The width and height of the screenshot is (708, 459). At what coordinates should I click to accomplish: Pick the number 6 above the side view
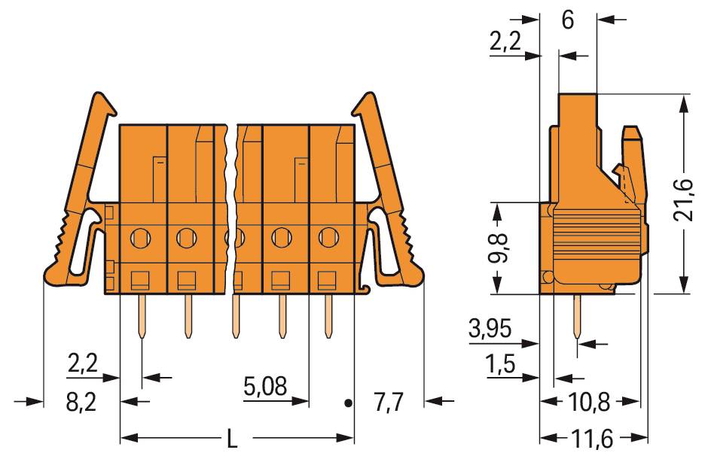[568, 20]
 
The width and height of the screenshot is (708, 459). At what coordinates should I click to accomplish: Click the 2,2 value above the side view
[506, 43]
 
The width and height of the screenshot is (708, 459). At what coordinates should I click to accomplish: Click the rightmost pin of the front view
[328, 316]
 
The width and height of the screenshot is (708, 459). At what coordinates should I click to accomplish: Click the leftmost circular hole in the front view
[139, 239]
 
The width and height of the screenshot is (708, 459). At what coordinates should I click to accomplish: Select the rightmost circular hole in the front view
[328, 238]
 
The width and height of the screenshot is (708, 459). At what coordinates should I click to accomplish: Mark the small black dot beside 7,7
[347, 403]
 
